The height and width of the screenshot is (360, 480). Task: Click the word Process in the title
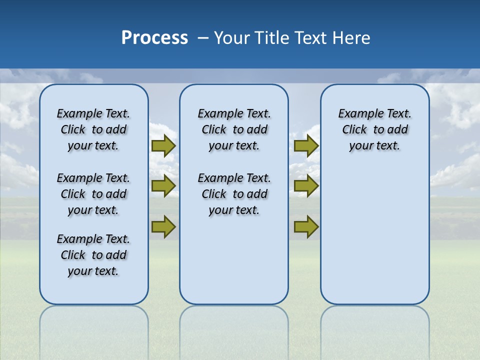pyautogui.click(x=154, y=38)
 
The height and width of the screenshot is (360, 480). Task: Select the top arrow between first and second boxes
pyautogui.click(x=163, y=145)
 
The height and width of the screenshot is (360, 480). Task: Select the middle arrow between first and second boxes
pyautogui.click(x=163, y=186)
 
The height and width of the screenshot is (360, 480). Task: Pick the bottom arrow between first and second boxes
pyautogui.click(x=163, y=226)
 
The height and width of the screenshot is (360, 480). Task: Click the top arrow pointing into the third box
pyautogui.click(x=306, y=145)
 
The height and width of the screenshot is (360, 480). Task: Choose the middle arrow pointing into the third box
pyautogui.click(x=306, y=186)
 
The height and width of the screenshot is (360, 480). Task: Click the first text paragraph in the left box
pyautogui.click(x=93, y=129)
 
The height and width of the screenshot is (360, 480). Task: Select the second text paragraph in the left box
pyautogui.click(x=93, y=194)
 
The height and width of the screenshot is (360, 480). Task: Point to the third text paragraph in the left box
pyautogui.click(x=93, y=255)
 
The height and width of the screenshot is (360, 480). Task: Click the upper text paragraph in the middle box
pyautogui.click(x=234, y=129)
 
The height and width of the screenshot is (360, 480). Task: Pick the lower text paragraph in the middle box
pyautogui.click(x=234, y=194)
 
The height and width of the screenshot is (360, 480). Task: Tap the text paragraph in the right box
pyautogui.click(x=374, y=129)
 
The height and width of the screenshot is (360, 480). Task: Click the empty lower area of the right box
pyautogui.click(x=374, y=235)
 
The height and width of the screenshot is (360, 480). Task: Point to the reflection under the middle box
pyautogui.click(x=234, y=330)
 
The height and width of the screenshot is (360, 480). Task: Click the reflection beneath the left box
pyautogui.click(x=93, y=330)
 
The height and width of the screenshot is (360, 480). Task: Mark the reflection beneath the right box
pyautogui.click(x=374, y=330)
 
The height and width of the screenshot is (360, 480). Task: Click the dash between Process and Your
pyautogui.click(x=203, y=38)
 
